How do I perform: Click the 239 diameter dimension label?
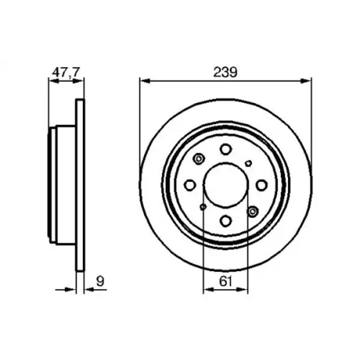(225, 72)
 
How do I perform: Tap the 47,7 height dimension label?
(66, 73)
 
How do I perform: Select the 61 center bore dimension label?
(226, 281)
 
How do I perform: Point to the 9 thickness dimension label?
(100, 281)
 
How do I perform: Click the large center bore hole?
(226, 185)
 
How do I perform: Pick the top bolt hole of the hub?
(226, 149)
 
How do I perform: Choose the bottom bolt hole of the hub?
(226, 221)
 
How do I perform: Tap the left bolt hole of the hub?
(190, 185)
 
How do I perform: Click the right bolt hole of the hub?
(262, 185)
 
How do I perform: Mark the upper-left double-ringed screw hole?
(199, 158)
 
